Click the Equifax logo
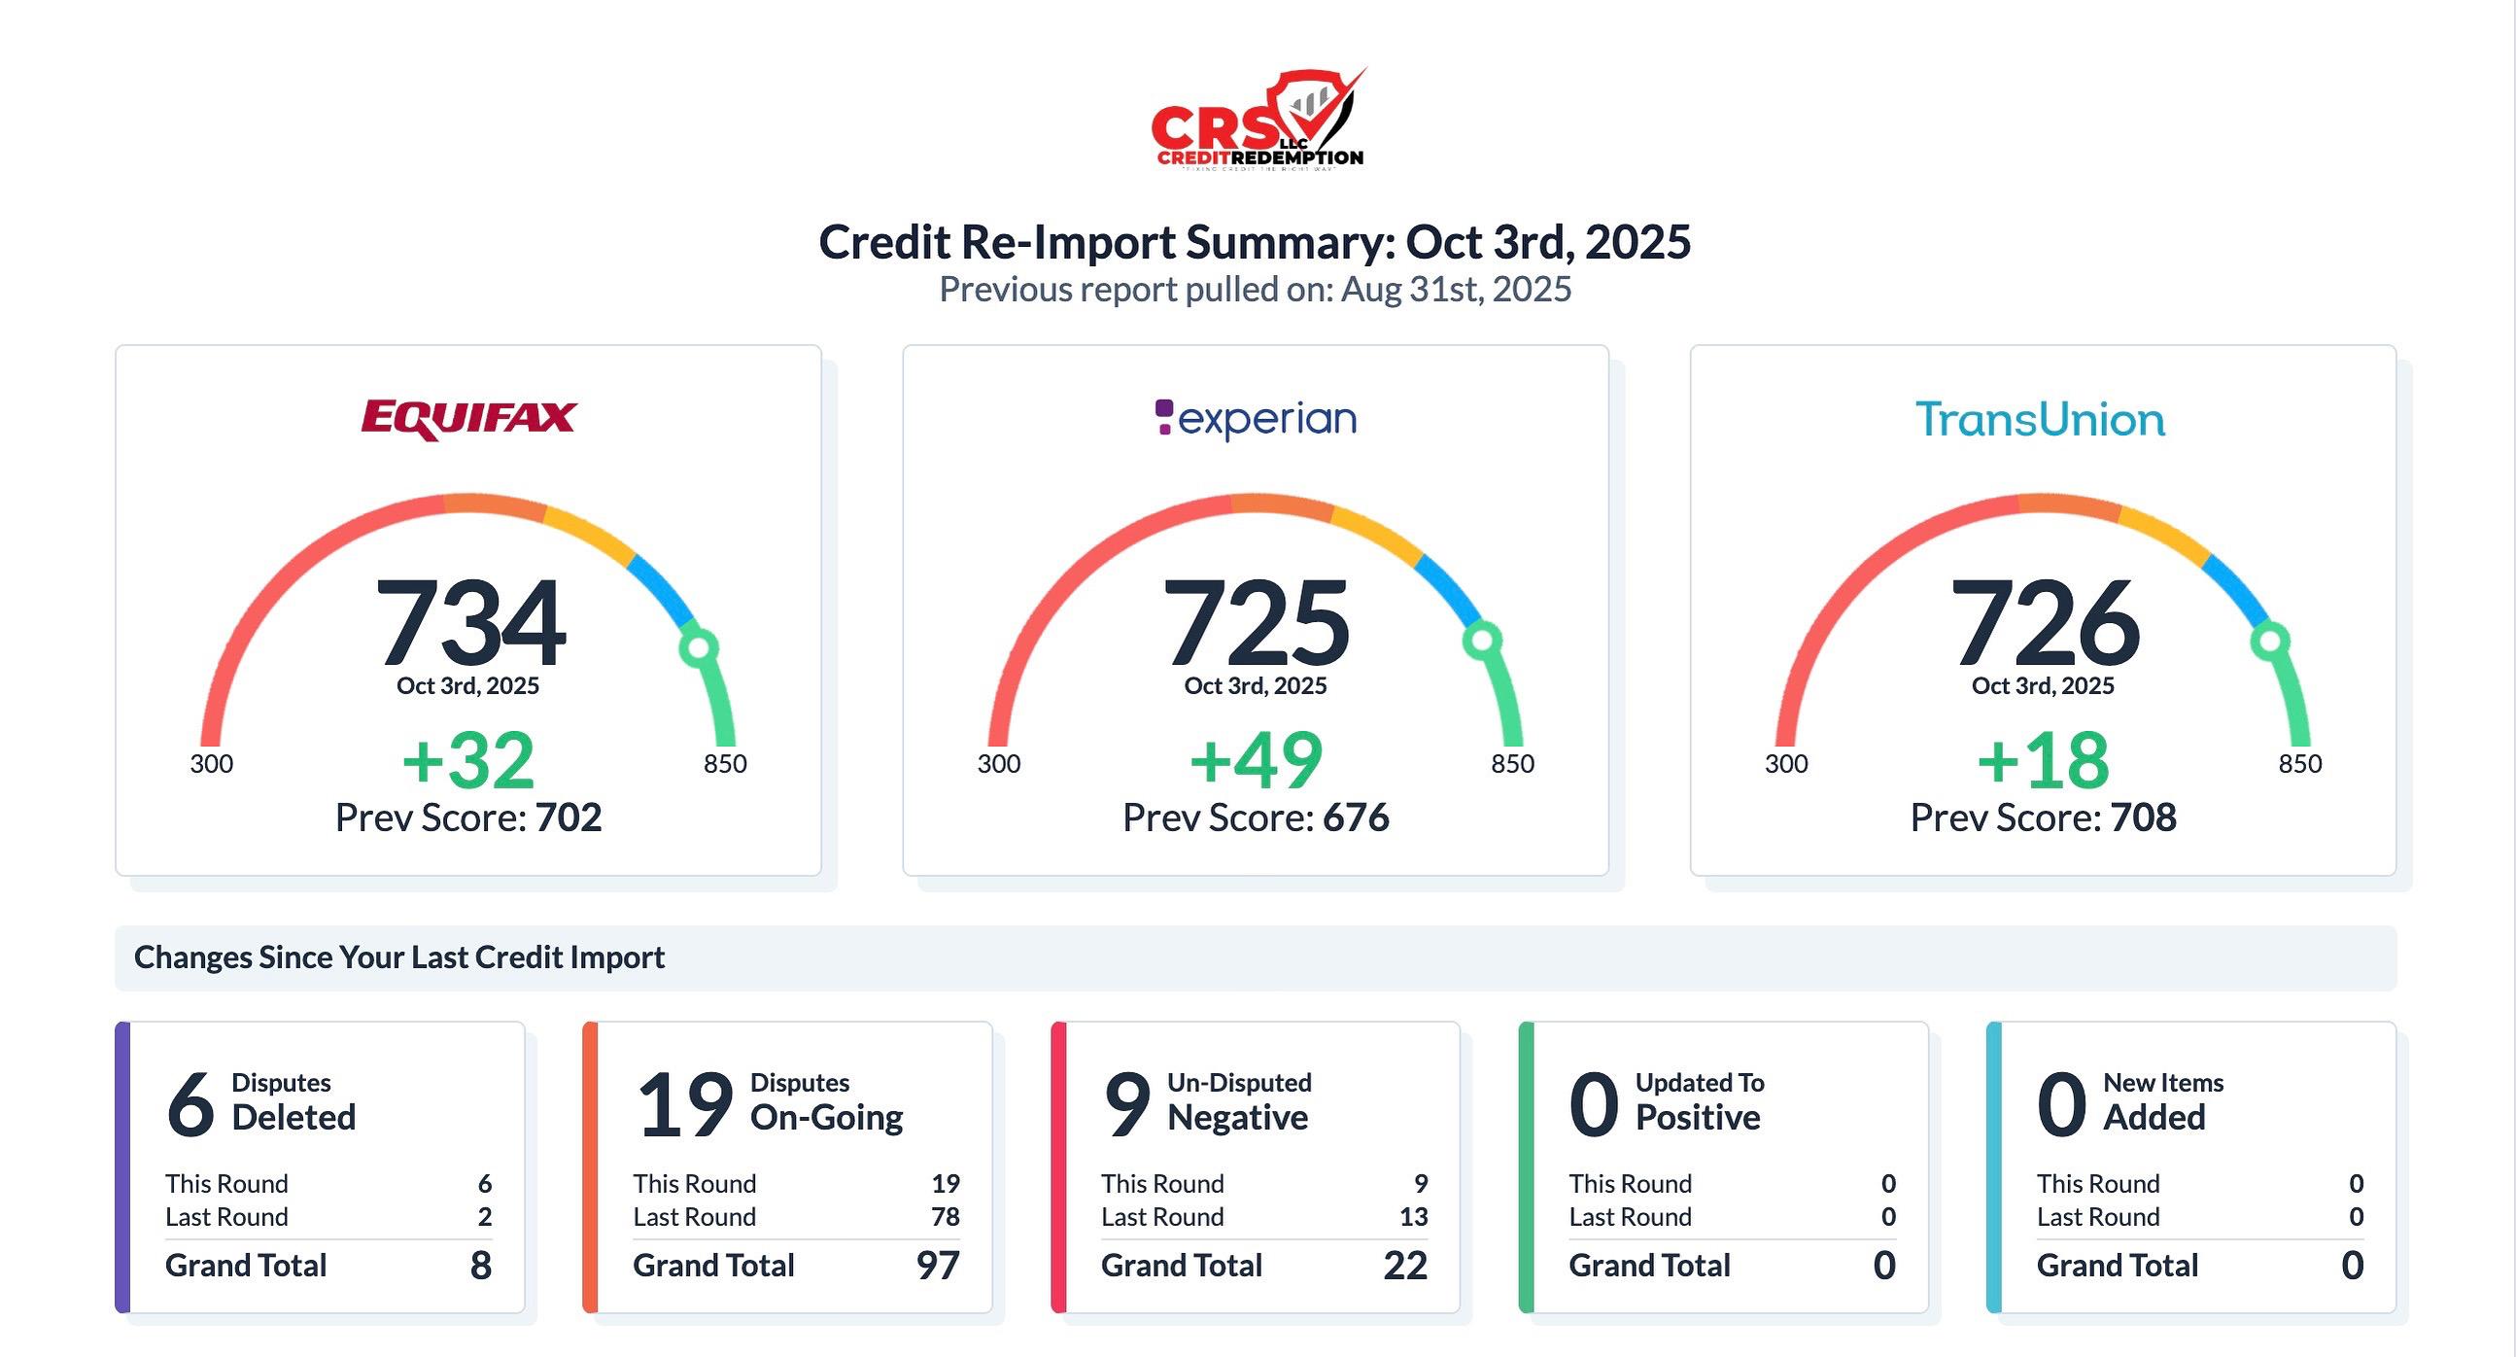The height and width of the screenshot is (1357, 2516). (468, 418)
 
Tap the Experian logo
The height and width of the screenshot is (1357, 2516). (1256, 420)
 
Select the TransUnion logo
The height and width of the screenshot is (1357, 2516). (2041, 420)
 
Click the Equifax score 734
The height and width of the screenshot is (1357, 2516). (469, 621)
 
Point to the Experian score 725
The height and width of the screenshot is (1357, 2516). (1256, 621)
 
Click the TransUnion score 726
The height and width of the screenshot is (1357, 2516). (2045, 621)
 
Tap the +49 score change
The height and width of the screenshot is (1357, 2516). (1256, 760)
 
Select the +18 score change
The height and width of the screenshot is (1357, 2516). (2044, 760)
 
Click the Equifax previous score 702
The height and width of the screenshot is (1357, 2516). (569, 818)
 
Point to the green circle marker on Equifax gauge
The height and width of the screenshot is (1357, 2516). (699, 646)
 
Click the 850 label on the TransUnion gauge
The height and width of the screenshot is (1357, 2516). (2300, 763)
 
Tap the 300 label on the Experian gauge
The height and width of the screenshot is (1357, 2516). (999, 763)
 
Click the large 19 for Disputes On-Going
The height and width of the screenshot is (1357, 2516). (685, 1105)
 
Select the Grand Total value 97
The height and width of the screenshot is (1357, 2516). (938, 1266)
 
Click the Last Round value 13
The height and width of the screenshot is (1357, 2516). (1413, 1217)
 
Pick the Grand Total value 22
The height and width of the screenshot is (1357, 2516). (1405, 1266)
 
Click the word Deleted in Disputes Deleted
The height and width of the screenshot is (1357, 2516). (293, 1118)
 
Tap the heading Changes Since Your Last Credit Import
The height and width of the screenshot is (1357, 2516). (399, 957)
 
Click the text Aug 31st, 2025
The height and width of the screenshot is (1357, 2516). (1456, 290)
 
